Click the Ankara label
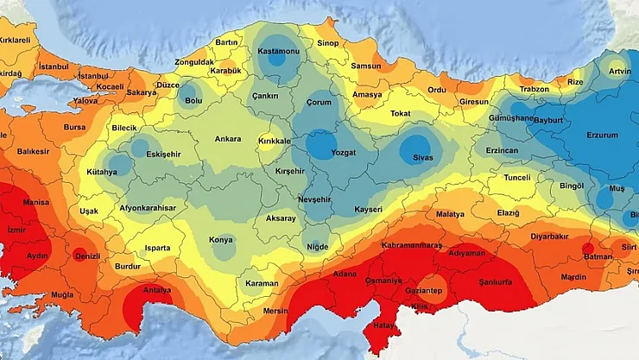tap(228, 139)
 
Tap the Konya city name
tap(220, 241)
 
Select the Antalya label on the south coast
tap(156, 289)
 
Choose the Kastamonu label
tap(278, 51)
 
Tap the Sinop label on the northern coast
tap(327, 42)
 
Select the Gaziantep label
tap(423, 291)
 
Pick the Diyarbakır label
tap(550, 235)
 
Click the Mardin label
tap(573, 277)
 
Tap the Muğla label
tap(63, 294)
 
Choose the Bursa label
tap(75, 127)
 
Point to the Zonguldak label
tap(193, 62)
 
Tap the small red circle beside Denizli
tap(78, 252)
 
